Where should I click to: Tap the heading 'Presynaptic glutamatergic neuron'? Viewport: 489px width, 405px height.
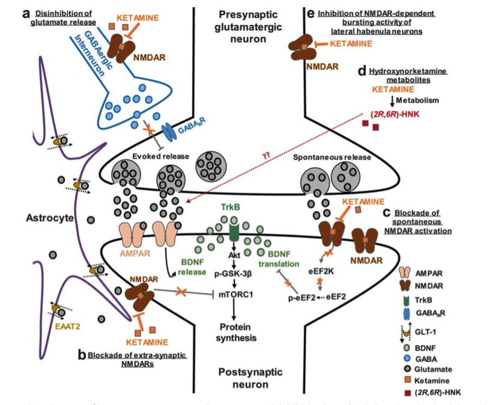[257, 25]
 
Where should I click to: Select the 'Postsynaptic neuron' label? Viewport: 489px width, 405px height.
[257, 377]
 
